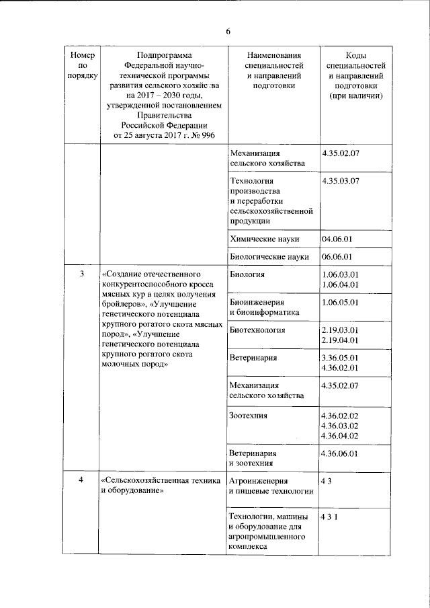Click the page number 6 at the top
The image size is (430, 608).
228,32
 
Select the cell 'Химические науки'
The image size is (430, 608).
264,239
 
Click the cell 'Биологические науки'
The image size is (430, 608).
269,256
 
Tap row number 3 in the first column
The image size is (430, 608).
82,274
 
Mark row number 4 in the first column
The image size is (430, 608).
82,480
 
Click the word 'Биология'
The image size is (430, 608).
247,274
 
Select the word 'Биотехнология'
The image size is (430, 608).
257,330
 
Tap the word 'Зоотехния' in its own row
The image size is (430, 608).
249,416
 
